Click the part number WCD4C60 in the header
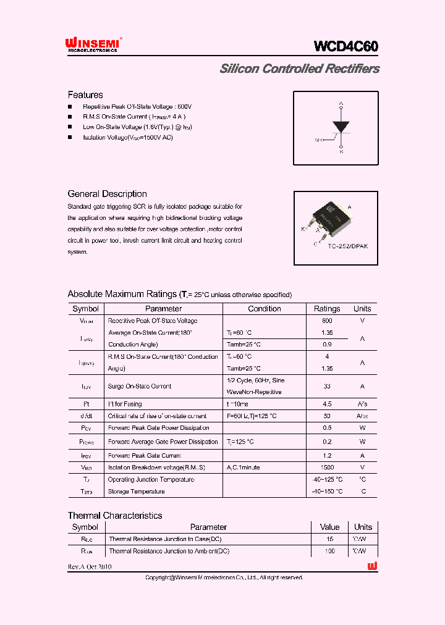coord(346,46)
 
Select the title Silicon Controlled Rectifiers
coord(299,69)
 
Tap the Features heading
coord(85,95)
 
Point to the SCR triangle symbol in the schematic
coord(341,125)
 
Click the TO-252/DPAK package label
coord(348,246)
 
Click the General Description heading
coord(107,194)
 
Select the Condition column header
coord(264,309)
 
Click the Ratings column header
coord(327,309)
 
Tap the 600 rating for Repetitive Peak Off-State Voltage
coord(327,321)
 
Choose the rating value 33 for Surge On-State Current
coord(327,387)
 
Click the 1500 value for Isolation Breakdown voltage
coord(327,468)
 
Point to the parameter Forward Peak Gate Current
coord(145,456)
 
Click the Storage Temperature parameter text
coord(136,492)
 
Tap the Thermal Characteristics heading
coord(115,516)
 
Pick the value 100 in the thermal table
coord(329,551)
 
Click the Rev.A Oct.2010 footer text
coord(90,566)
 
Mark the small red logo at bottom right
coord(372,566)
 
